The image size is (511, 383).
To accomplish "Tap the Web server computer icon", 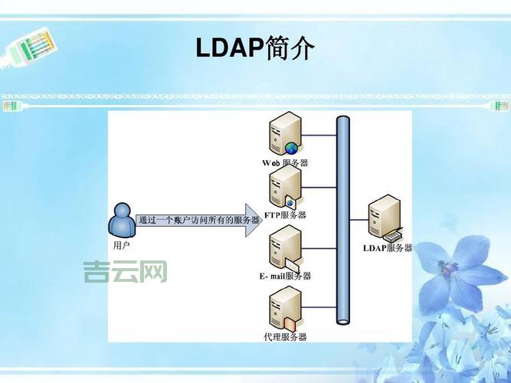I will [x=284, y=133].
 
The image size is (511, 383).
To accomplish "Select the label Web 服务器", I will [x=284, y=163].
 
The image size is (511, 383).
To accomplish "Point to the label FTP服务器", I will [x=285, y=215].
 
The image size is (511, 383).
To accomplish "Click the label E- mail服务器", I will [x=285, y=276].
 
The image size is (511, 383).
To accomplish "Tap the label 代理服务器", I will [x=284, y=336].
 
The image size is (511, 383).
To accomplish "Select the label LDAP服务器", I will [x=388, y=248].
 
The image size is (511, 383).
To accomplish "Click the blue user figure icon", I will [x=121, y=220].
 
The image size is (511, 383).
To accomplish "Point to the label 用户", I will [x=122, y=246].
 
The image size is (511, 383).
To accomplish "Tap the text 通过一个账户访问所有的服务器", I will [x=198, y=220].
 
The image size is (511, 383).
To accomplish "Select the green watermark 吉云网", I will [x=126, y=271].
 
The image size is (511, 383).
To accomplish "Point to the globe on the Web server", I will [x=291, y=148].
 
